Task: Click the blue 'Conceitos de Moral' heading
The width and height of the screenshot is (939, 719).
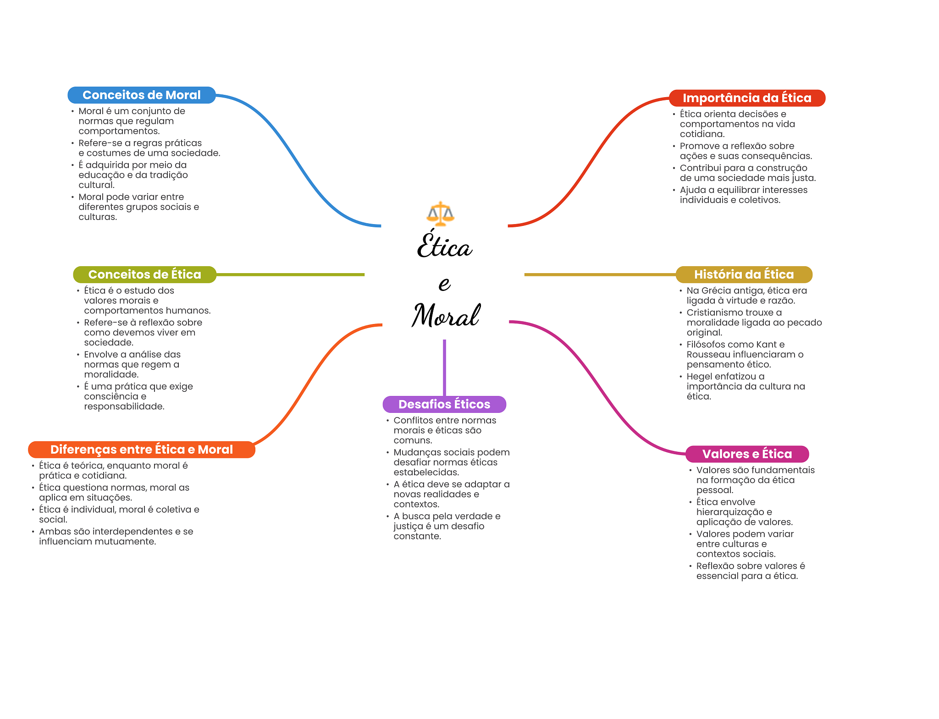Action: [x=142, y=95]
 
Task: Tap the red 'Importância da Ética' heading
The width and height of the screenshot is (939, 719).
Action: [x=747, y=98]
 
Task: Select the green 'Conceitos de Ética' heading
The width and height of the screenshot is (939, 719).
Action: [x=144, y=274]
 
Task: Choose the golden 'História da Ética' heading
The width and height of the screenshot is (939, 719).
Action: [x=744, y=274]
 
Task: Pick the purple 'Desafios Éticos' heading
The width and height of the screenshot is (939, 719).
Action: [x=444, y=404]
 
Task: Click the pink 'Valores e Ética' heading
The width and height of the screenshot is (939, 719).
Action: [x=747, y=454]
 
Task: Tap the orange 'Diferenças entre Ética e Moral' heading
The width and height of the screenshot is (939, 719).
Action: [x=142, y=450]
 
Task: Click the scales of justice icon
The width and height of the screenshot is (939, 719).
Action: [x=441, y=214]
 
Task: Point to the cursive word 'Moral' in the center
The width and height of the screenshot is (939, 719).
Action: [x=446, y=315]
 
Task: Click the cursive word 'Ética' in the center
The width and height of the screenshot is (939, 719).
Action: [x=444, y=244]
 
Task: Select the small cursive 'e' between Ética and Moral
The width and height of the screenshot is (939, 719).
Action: [x=444, y=284]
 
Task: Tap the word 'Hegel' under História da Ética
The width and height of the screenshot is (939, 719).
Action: [x=699, y=377]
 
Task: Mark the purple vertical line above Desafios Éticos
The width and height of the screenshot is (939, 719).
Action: [x=444, y=368]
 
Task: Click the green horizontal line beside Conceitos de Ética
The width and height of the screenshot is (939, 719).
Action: [x=290, y=274]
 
